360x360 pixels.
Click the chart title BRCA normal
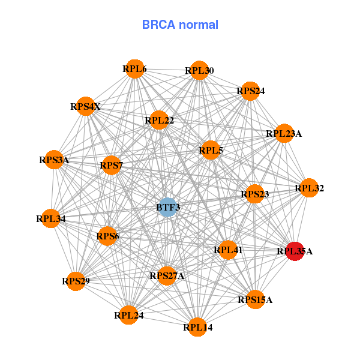click(x=180, y=25)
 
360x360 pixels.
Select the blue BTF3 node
click(x=168, y=207)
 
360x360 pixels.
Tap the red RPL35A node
click(x=295, y=251)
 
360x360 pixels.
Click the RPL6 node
click(x=135, y=69)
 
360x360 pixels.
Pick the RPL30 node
click(x=199, y=71)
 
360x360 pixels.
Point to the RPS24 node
click(x=250, y=91)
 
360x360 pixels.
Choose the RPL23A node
click(x=284, y=134)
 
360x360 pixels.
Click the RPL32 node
click(x=309, y=188)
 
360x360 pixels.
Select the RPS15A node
click(x=255, y=299)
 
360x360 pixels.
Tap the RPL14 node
click(x=198, y=327)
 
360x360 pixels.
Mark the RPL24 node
click(x=129, y=315)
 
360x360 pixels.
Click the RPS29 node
click(x=76, y=281)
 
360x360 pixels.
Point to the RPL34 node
click(x=51, y=219)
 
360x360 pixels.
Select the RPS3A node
click(x=54, y=160)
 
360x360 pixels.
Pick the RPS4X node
click(x=86, y=107)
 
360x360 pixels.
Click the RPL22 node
click(x=159, y=121)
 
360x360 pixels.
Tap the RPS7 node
click(x=112, y=165)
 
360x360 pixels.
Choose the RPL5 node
click(x=211, y=151)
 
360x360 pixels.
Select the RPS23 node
click(x=255, y=194)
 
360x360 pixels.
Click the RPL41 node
click(x=228, y=250)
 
